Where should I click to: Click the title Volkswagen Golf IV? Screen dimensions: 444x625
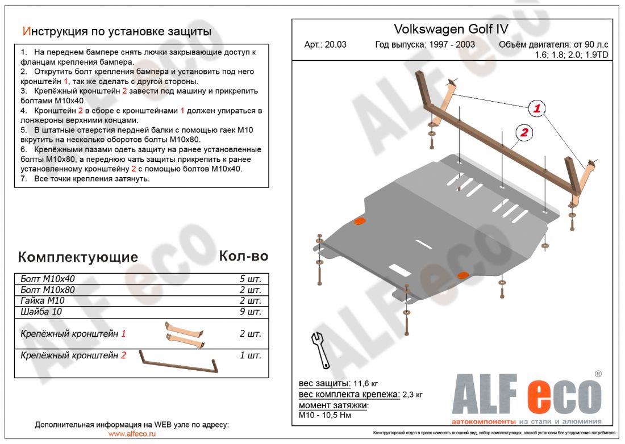pos(451,29)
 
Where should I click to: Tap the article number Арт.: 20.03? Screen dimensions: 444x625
pos(325,45)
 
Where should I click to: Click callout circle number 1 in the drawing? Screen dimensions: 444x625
pos(537,108)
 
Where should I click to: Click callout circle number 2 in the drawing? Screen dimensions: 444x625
pos(523,133)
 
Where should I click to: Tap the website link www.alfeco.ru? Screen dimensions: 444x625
pos(131,434)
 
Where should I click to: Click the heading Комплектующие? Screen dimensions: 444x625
pos(78,257)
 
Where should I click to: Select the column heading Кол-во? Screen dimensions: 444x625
pos(243,256)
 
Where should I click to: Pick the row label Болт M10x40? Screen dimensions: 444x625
pos(48,279)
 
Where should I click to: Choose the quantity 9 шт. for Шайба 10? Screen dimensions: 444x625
pos(250,312)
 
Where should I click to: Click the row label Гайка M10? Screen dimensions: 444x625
pos(43,301)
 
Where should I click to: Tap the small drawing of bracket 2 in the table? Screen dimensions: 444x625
pos(179,363)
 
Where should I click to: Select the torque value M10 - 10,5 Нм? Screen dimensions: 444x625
pos(326,416)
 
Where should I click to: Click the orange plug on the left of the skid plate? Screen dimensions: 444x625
pos(359,222)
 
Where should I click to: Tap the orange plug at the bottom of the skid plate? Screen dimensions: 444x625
pos(464,275)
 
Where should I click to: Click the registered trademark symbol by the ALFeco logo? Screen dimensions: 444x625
pos(598,374)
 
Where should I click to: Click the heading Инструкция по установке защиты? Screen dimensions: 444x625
pos(116,31)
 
